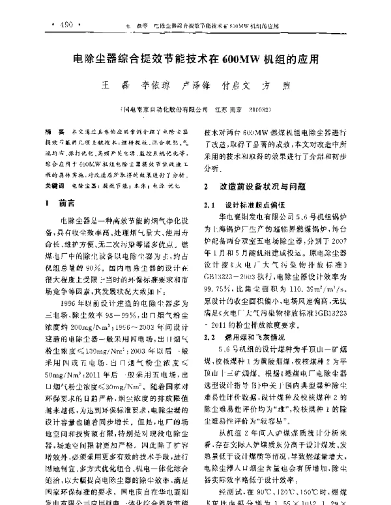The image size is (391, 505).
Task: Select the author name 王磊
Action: point(108,85)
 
